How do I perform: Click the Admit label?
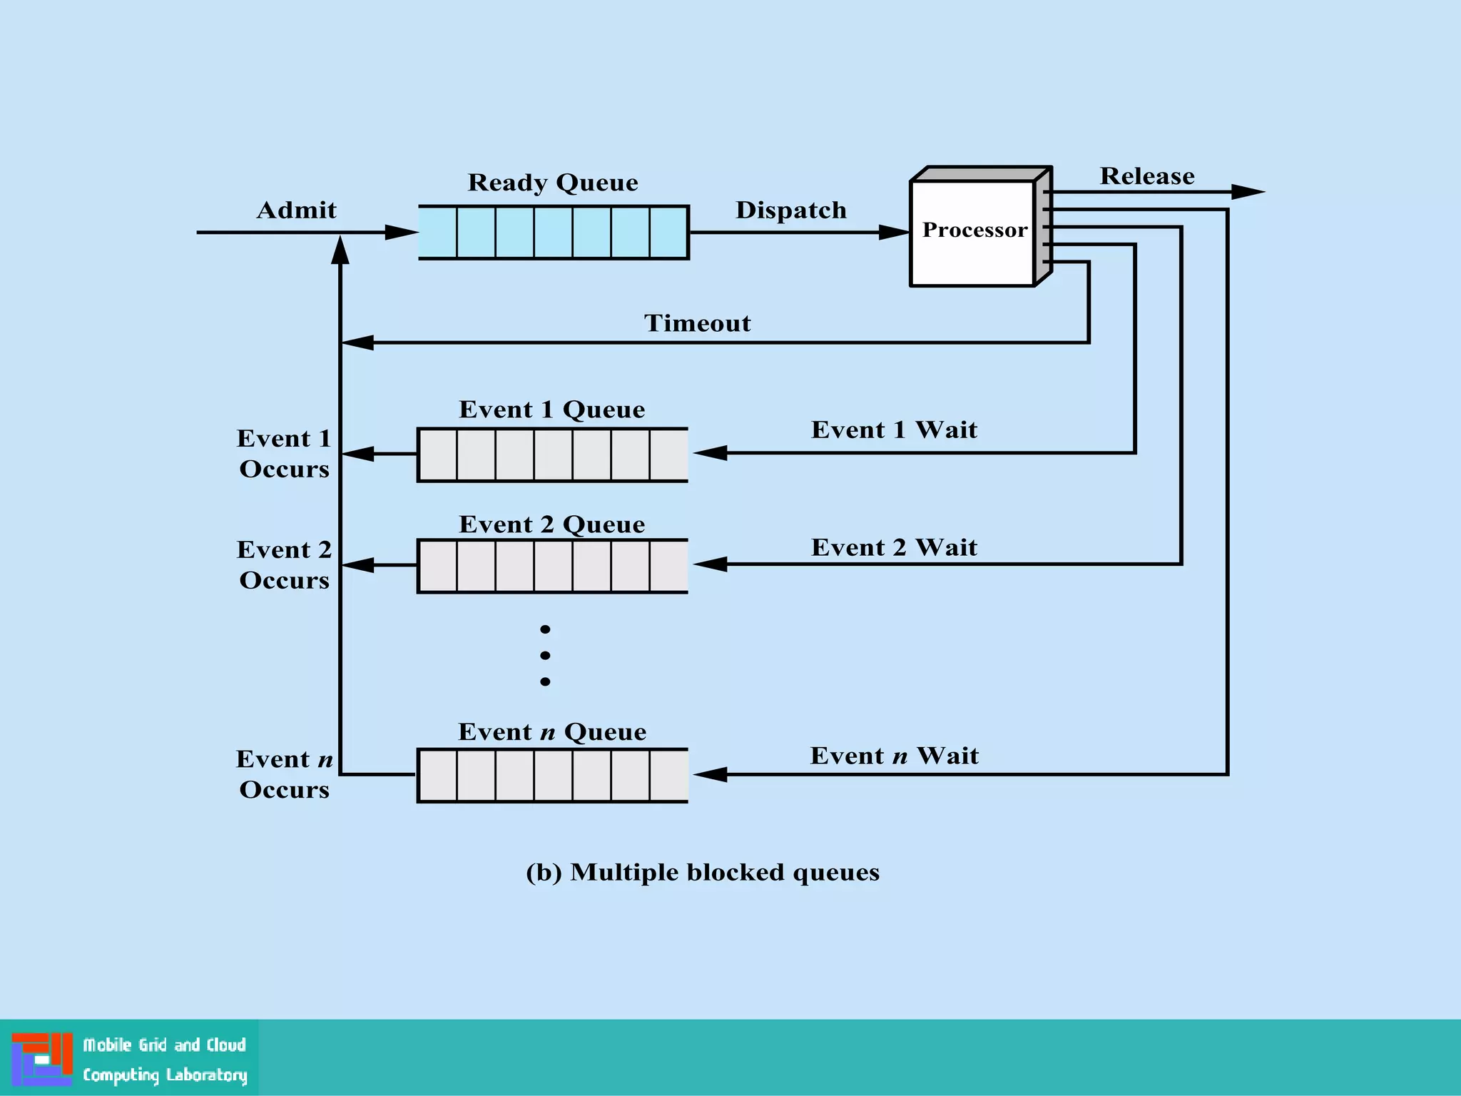click(296, 210)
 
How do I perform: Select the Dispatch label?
click(790, 210)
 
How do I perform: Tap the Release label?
click(1146, 176)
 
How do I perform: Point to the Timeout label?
click(697, 323)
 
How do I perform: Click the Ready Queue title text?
click(552, 183)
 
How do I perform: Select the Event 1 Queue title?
click(551, 410)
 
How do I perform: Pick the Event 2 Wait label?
click(894, 547)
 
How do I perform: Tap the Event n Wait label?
click(894, 756)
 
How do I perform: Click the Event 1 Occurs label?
click(284, 453)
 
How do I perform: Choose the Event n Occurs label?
click(284, 774)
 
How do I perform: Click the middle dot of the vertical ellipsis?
click(545, 655)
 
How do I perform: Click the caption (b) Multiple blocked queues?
click(702, 872)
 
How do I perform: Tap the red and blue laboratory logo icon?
click(42, 1059)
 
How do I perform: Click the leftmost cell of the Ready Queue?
click(437, 233)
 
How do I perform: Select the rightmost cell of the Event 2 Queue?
click(668, 566)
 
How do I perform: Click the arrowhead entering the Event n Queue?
click(710, 774)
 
